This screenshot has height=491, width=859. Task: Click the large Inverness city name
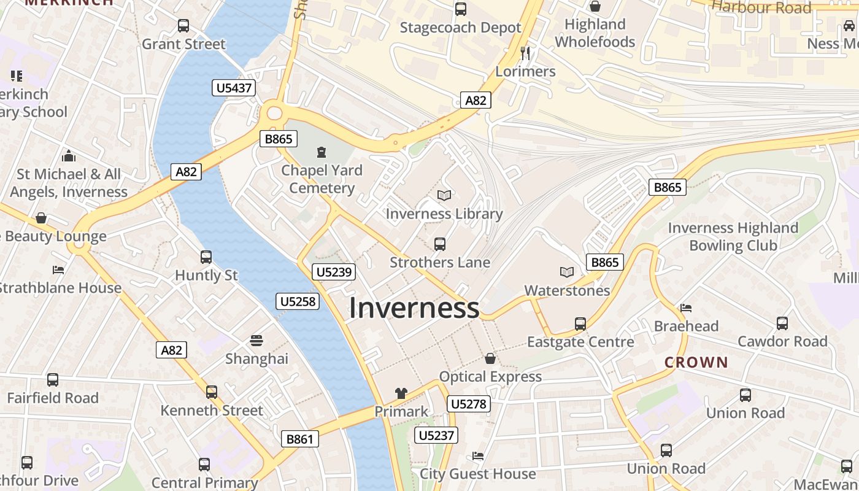pos(414,307)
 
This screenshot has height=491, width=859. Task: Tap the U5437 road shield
pos(234,88)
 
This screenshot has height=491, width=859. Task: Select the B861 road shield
pos(300,439)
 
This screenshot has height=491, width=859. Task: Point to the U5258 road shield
pos(298,301)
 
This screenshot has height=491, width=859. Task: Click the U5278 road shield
pos(469,404)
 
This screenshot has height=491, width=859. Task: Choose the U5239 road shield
pos(334,272)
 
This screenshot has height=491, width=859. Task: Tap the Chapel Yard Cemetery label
pos(322,179)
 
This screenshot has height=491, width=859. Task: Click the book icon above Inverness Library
pos(444,195)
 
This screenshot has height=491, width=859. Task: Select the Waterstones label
pos(567,290)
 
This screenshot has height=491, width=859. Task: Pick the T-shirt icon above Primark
pos(401,393)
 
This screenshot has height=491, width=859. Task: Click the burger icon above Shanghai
pos(256,341)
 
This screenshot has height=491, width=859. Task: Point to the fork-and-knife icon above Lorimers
pos(525,53)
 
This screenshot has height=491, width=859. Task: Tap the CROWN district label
pos(696,363)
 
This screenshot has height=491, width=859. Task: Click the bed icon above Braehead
pos(686,307)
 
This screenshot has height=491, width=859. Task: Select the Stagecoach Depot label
pos(460,28)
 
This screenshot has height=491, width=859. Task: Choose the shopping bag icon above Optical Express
pos(490,358)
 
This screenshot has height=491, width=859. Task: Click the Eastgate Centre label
pos(580,342)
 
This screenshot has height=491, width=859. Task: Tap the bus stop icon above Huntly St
pos(206,257)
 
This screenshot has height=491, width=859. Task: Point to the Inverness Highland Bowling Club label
pos(733,237)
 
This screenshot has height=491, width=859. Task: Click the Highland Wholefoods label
pos(595,33)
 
